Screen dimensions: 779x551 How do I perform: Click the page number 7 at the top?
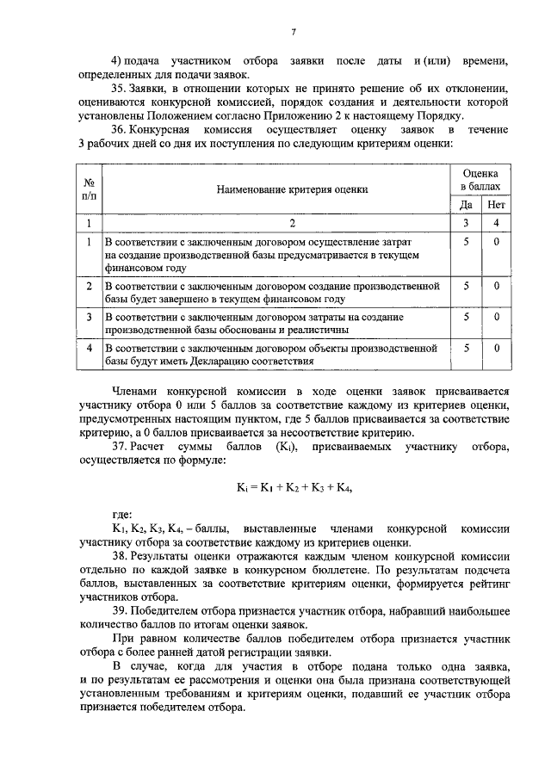point(293,33)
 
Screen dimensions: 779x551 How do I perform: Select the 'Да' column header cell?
point(466,205)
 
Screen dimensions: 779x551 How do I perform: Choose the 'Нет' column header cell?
point(496,205)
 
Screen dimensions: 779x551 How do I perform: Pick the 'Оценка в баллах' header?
point(480,179)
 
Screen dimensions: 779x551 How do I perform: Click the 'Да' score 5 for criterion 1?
point(466,242)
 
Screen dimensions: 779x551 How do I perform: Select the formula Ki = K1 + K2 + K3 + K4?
point(294,487)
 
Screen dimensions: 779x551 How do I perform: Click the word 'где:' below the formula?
point(122,514)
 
